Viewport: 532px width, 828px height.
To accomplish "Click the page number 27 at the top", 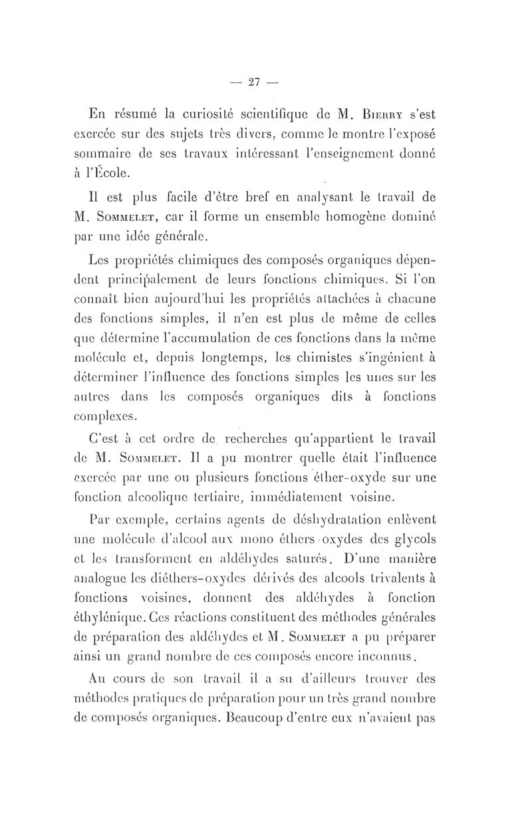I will (x=252, y=82).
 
